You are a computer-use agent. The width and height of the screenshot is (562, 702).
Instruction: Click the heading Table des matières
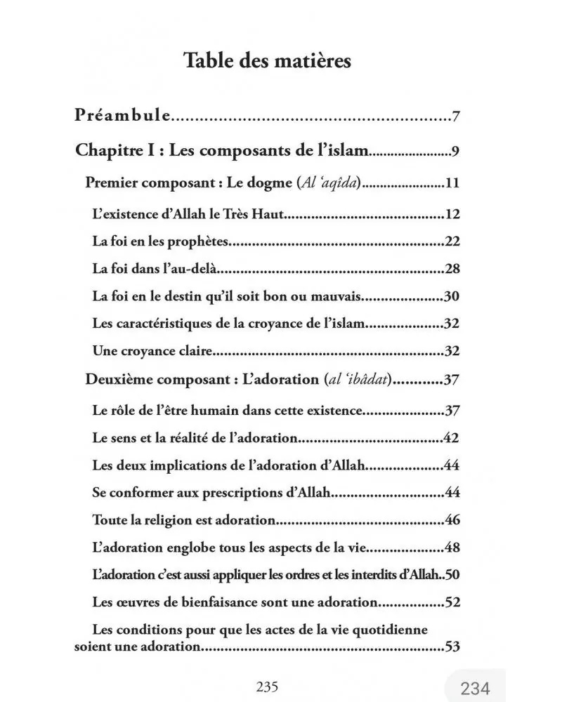point(267,60)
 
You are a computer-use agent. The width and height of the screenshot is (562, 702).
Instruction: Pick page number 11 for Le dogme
point(452,185)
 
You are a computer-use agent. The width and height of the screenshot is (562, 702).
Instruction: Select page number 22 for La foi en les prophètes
point(452,242)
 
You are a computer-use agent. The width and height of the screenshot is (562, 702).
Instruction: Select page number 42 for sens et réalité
point(452,438)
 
